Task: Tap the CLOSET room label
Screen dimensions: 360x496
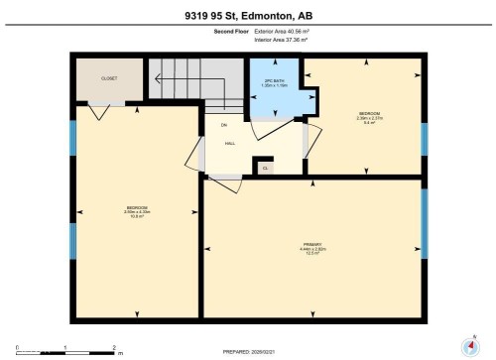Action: click(109, 76)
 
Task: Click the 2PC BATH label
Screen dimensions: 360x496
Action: click(273, 82)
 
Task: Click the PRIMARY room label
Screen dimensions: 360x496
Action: click(312, 245)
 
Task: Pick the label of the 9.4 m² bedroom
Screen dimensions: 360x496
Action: click(368, 116)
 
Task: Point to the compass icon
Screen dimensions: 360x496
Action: click(469, 347)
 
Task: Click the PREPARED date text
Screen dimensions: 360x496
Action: click(248, 351)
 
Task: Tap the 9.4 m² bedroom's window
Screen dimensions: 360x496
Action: click(424, 139)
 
